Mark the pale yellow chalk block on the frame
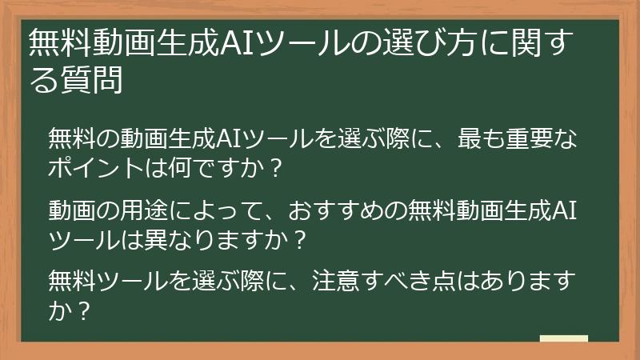564,339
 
